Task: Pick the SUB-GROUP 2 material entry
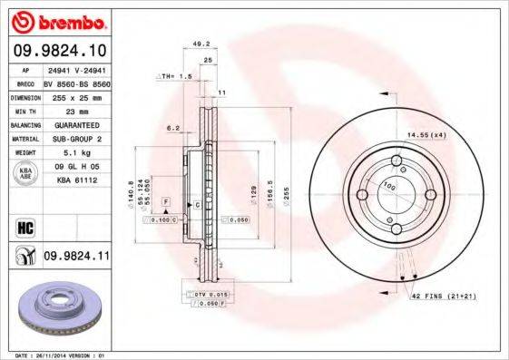74,138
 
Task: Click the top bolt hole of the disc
397,163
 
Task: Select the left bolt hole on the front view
363,196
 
